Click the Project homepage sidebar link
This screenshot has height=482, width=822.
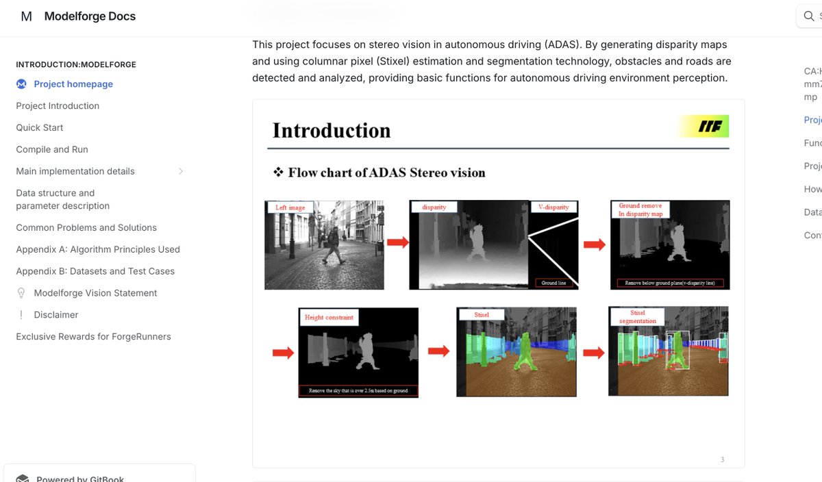(x=73, y=84)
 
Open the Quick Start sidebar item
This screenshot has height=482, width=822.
(x=40, y=127)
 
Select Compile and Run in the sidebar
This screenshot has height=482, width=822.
(x=52, y=149)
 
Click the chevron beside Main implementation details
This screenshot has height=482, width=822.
(x=181, y=171)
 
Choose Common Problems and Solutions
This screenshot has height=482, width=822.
(x=86, y=227)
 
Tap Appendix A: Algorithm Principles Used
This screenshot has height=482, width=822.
(x=98, y=249)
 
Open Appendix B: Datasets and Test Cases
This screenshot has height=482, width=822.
(x=95, y=271)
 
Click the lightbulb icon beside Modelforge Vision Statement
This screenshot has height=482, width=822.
(x=21, y=293)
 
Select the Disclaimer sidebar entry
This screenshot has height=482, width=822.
(x=56, y=315)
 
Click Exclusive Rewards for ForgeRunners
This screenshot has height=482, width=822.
(x=93, y=337)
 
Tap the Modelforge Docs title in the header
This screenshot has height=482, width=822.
(x=90, y=16)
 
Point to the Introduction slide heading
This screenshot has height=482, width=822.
(x=332, y=130)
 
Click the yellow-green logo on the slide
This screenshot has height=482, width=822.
(x=704, y=127)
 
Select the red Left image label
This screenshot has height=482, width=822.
(x=290, y=207)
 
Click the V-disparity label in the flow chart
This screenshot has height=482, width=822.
(x=554, y=207)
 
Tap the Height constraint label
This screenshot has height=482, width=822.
(x=329, y=318)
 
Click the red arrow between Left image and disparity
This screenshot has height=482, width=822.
(x=397, y=242)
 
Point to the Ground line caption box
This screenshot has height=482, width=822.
(x=553, y=282)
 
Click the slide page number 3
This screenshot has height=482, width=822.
(x=722, y=459)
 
